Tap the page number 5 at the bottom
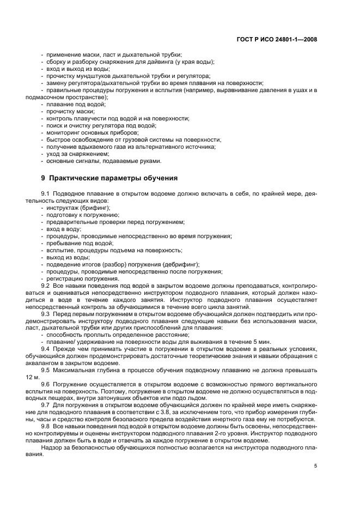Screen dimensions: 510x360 pyautogui.click(x=315, y=465)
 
